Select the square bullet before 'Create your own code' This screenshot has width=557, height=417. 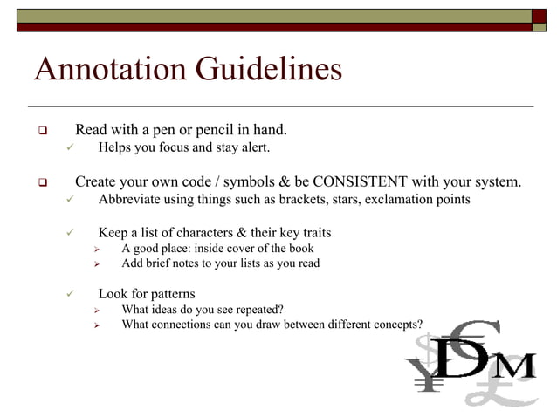pyautogui.click(x=40, y=183)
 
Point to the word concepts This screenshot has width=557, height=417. pyautogui.click(x=396, y=325)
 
